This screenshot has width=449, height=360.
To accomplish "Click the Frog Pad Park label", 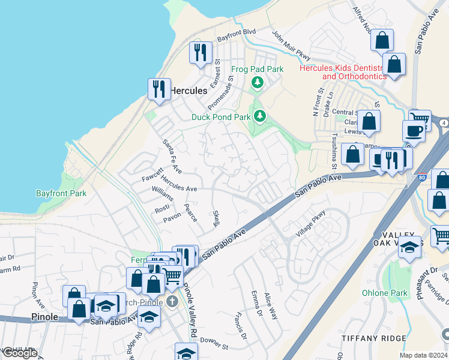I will (x=256, y=69).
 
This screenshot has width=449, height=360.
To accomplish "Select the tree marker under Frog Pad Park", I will (x=258, y=82).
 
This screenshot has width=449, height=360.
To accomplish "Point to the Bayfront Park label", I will (x=61, y=193).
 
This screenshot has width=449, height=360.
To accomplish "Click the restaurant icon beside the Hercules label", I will (x=159, y=89).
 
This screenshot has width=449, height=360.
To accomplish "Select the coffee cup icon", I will (x=414, y=130).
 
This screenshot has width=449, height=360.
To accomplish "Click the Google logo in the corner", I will (x=20, y=353).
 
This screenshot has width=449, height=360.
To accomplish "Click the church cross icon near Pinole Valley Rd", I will (x=172, y=301).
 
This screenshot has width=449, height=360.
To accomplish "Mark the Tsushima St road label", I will (x=334, y=148).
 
